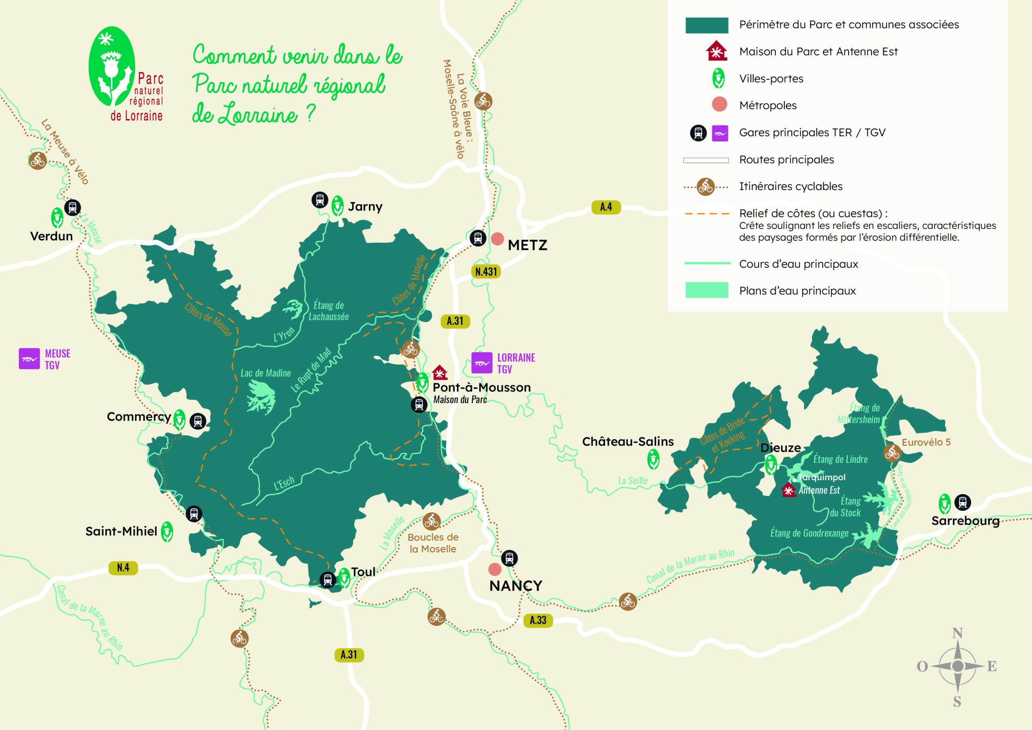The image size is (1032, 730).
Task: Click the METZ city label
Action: [527, 245]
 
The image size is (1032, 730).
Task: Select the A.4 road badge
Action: [606, 207]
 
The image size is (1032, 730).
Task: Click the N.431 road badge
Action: [486, 272]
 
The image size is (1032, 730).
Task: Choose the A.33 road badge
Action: [538, 620]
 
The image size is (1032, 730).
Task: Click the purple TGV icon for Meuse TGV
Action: [29, 359]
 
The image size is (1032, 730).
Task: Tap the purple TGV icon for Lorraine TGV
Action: [482, 363]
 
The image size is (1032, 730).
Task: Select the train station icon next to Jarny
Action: [320, 200]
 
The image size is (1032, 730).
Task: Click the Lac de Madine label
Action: [266, 373]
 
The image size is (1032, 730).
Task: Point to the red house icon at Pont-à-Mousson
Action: [439, 372]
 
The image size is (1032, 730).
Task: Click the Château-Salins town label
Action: [628, 441]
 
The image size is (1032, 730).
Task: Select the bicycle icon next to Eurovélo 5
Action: [892, 453]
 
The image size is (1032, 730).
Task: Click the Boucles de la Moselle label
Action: [433, 543]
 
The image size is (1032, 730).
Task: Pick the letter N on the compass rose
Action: [957, 633]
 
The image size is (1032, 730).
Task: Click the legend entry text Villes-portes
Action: [771, 79]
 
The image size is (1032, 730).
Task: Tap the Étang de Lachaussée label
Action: [329, 311]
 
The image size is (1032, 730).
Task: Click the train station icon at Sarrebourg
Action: [962, 502]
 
